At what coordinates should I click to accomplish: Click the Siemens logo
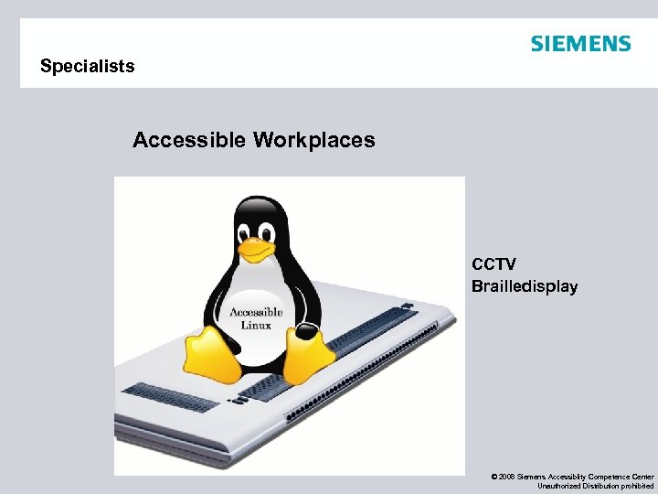(580, 44)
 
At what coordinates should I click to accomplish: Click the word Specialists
(88, 66)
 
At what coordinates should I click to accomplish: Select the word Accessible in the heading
(189, 140)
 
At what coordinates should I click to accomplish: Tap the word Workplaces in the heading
(313, 140)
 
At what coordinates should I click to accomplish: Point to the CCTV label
(493, 265)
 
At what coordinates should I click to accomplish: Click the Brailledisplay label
(525, 286)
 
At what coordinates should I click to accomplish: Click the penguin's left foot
(212, 357)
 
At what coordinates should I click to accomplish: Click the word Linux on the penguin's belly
(256, 325)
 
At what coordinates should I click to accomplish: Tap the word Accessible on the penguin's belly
(256, 312)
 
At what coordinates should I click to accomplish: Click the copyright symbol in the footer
(493, 477)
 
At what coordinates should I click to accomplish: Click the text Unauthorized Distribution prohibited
(595, 486)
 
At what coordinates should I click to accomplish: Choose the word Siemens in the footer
(532, 477)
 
